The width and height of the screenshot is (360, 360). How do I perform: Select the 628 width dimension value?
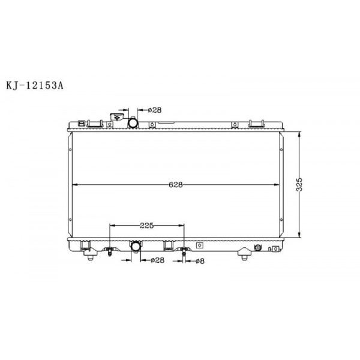pos(175,184)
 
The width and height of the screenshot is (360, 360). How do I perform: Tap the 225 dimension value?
pos(147,226)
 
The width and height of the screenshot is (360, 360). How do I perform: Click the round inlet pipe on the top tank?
pos(134,122)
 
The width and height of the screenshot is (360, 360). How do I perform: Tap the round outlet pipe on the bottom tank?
pos(136,247)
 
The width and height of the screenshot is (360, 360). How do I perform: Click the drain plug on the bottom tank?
pos(259,248)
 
